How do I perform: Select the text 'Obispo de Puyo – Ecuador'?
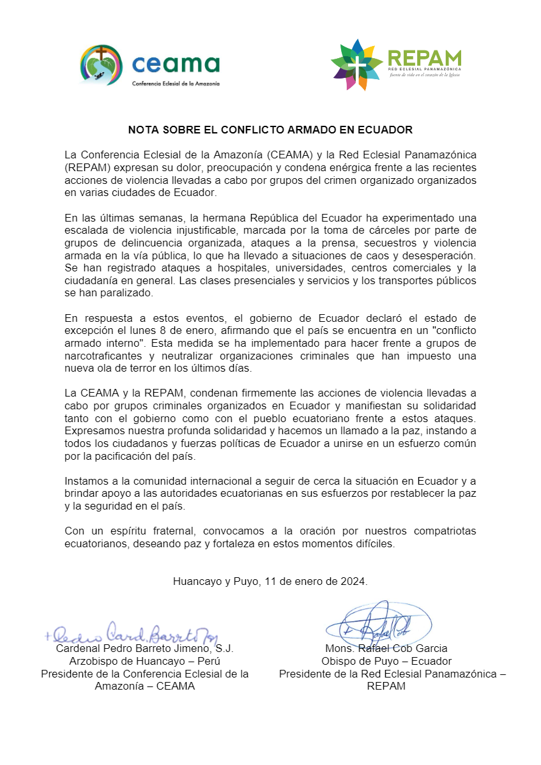(x=386, y=661)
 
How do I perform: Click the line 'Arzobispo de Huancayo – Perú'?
(x=145, y=661)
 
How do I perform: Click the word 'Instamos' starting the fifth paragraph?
(x=85, y=481)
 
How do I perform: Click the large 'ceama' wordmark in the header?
(x=175, y=64)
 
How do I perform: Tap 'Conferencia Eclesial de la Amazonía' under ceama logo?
(x=176, y=84)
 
